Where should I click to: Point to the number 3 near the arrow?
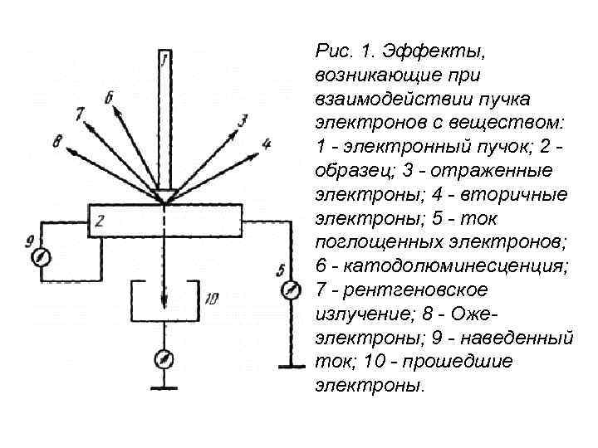pos(243,122)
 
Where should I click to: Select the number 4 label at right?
pos(266,144)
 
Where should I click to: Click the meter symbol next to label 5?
pos(291,291)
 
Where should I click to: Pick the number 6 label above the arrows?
pos(110,99)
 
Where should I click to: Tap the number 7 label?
pos(80,114)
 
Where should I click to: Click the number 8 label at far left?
pos(56,142)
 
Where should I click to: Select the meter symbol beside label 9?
pos(39,258)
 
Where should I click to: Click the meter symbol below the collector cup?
pos(164,359)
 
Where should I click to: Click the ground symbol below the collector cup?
pos(164,387)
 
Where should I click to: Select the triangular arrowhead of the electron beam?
pos(164,197)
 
